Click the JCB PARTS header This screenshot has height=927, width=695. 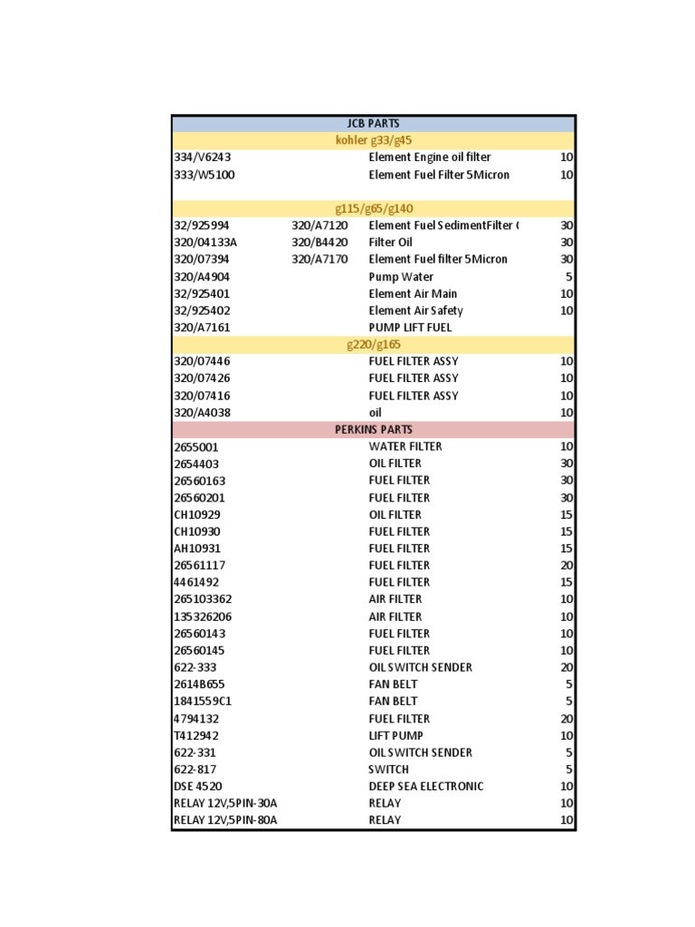pyautogui.click(x=373, y=123)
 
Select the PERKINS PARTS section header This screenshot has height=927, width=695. pyautogui.click(x=373, y=429)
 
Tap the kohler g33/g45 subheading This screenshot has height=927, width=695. pyautogui.click(x=373, y=140)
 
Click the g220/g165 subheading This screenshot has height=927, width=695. pyautogui.click(x=373, y=344)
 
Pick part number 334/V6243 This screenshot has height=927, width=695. pyautogui.click(x=196, y=158)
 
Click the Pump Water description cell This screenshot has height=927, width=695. pyautogui.click(x=401, y=277)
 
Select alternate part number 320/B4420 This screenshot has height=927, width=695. pyautogui.click(x=319, y=243)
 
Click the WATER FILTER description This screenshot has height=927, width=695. pyautogui.click(x=405, y=446)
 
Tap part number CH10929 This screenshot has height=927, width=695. pyautogui.click(x=196, y=514)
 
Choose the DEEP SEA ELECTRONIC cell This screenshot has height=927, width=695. pyautogui.click(x=425, y=786)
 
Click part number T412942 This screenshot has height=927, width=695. pyautogui.click(x=196, y=735)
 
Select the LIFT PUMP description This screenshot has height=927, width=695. pyautogui.click(x=395, y=735)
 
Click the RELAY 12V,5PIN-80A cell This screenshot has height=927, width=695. pyautogui.click(x=225, y=820)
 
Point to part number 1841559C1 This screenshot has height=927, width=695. pyautogui.click(x=203, y=701)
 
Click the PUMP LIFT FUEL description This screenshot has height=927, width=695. pyautogui.click(x=410, y=328)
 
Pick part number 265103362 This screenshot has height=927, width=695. pyautogui.click(x=203, y=599)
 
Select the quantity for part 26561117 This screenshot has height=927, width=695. pyautogui.click(x=566, y=565)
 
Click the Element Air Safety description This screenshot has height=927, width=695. pyautogui.click(x=415, y=311)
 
